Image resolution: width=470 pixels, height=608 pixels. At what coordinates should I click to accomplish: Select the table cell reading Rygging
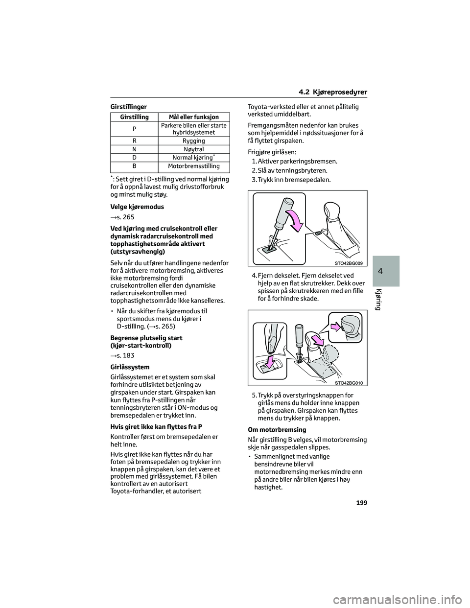[x=193, y=141]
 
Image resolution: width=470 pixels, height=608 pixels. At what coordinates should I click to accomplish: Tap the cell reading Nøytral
[x=193, y=149]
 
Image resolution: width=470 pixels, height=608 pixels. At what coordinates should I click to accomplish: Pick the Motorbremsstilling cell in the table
[x=193, y=166]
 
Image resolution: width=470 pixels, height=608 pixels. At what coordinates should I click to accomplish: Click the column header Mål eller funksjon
[x=193, y=117]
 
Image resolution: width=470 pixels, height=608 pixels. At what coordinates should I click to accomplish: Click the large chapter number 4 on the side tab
[x=387, y=271]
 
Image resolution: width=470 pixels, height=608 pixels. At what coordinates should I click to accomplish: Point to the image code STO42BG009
[x=350, y=263]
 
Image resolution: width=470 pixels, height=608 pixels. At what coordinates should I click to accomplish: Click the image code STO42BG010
[x=350, y=383]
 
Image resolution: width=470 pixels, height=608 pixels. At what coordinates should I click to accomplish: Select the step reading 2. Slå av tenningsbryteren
[x=290, y=170]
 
